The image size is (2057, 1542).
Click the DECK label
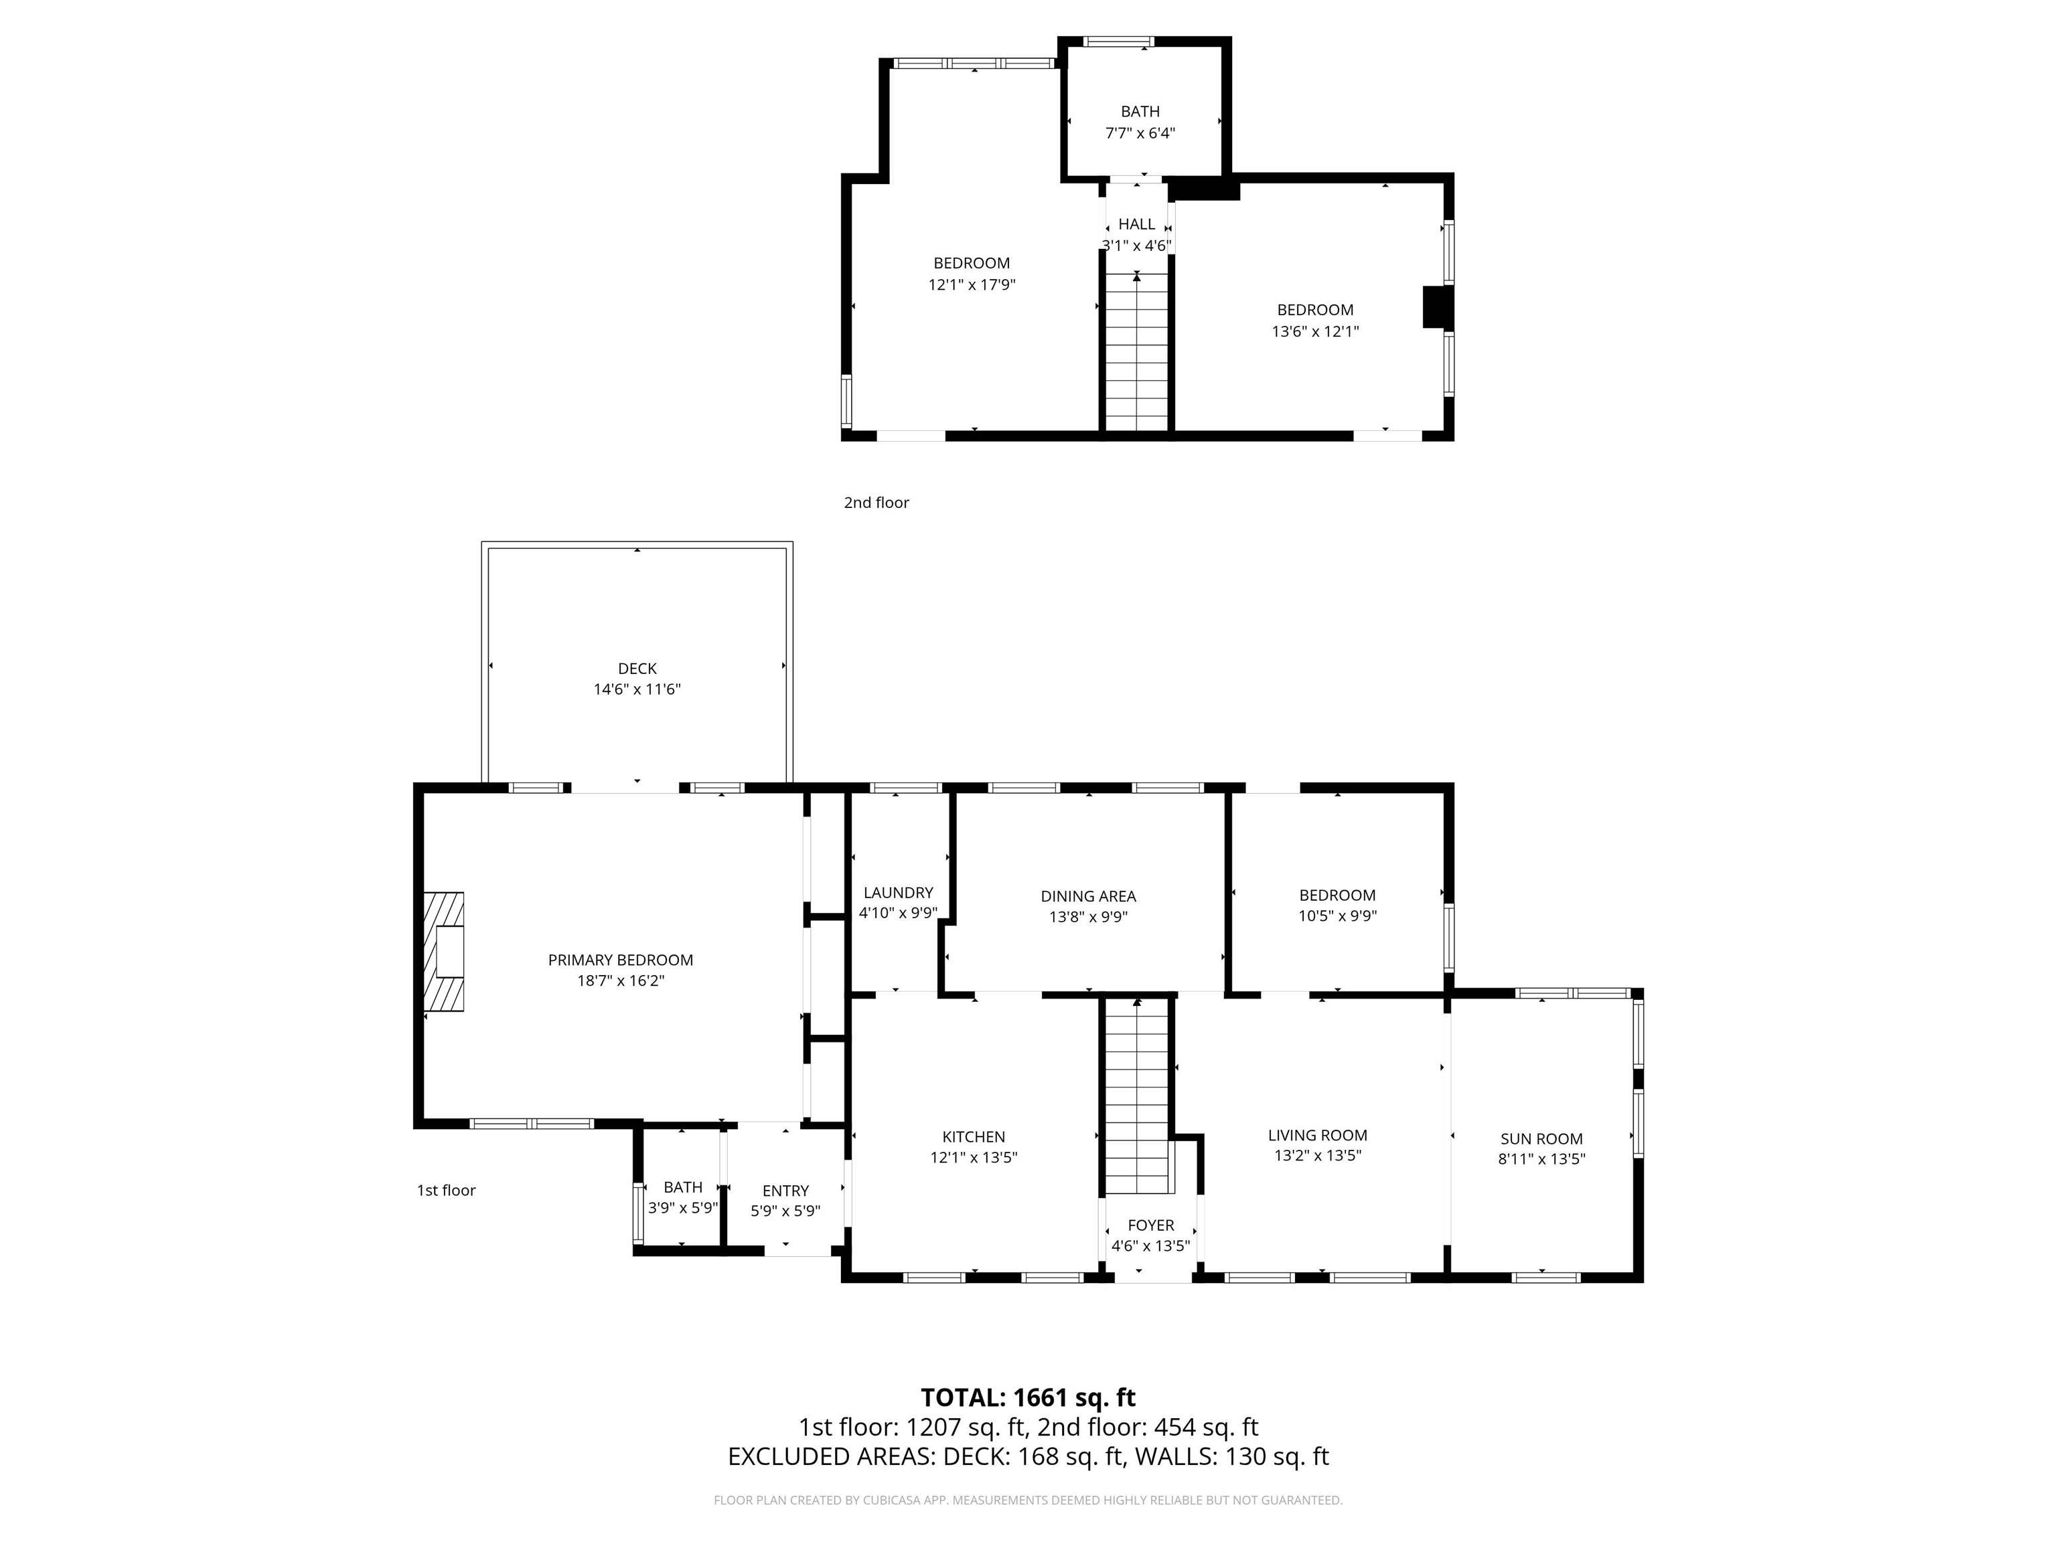(x=637, y=669)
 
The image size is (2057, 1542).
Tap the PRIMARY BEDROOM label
(x=620, y=960)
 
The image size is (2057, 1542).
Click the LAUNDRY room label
(x=897, y=892)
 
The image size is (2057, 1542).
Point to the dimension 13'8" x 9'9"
(x=1088, y=916)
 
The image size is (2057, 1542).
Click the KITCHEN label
(x=974, y=1136)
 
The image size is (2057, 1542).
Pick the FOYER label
(x=1150, y=1225)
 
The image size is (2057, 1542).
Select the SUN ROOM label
(x=1541, y=1138)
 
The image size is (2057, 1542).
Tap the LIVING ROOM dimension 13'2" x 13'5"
(x=1317, y=1155)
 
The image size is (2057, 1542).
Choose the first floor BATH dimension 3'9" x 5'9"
(x=682, y=1208)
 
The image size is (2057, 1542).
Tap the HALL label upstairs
(x=1136, y=224)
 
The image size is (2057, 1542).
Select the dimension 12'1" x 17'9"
(x=971, y=284)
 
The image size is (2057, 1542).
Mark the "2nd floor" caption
(x=876, y=503)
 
